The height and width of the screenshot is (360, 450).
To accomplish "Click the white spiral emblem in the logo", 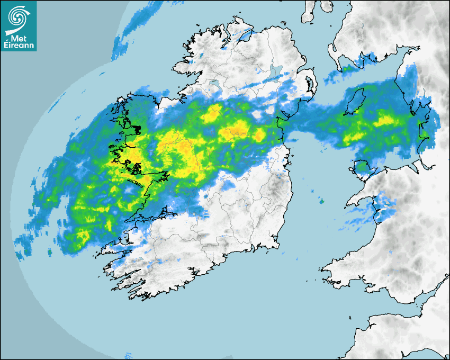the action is (x=17, y=16).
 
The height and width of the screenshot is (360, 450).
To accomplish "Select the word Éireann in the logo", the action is (x=19, y=46).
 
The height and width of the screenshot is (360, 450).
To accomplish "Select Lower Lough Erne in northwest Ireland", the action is (x=214, y=84).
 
